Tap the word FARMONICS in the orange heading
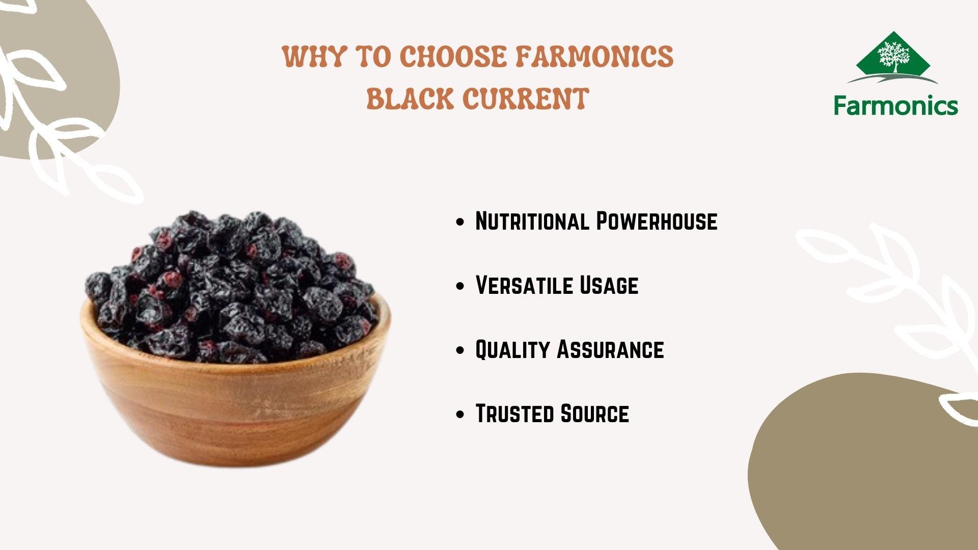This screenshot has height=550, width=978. [x=595, y=56]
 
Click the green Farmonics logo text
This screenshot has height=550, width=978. [x=896, y=105]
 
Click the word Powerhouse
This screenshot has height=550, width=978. [x=657, y=221]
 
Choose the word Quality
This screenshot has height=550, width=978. [x=512, y=349]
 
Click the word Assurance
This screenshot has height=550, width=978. [x=611, y=349]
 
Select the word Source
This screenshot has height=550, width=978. [x=594, y=414]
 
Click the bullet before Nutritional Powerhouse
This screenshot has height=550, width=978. [x=460, y=222]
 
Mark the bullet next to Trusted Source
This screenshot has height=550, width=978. [x=460, y=415]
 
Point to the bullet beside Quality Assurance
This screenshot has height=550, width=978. [x=460, y=350]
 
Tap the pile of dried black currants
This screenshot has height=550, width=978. [x=232, y=285]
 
